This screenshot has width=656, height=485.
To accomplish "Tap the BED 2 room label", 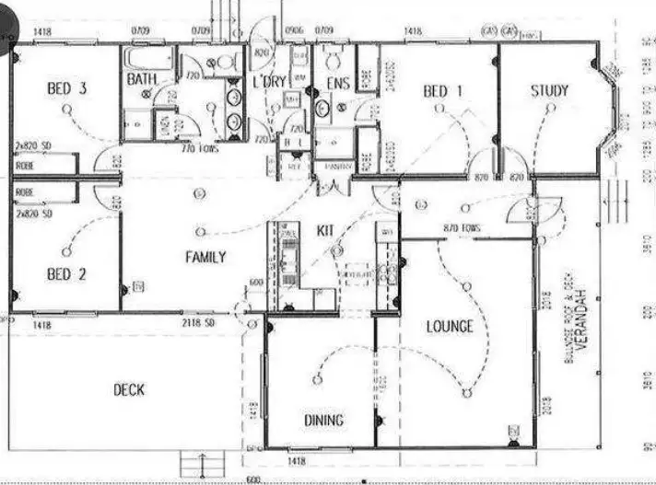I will pos(66,273).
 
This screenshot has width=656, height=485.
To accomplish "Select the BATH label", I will pos(142,79).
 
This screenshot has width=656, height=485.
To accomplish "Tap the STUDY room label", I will pos(549,91).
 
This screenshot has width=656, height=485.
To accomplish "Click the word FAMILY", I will pos(205,257).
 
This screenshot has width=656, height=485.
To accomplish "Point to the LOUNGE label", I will pos(450,326).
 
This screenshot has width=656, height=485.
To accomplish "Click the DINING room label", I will pos(323,421).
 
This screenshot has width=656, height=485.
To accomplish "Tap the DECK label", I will pos(129,390).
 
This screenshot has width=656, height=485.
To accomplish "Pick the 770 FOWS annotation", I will pos(200,147).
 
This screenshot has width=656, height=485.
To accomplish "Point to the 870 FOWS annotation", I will pos(463,226).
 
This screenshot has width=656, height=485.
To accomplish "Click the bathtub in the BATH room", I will pos(147,58).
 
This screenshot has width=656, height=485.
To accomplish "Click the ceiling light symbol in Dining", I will pos(317,379).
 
